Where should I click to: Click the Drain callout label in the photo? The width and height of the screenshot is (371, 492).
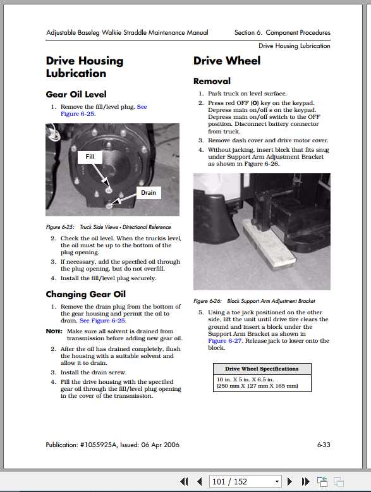[x=148, y=192]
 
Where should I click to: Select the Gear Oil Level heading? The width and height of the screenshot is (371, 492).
[x=76, y=94]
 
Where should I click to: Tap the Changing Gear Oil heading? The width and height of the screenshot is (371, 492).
[x=85, y=294]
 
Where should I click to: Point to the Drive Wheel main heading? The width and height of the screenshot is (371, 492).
[x=225, y=61]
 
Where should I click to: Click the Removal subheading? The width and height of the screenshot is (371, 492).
[x=212, y=81]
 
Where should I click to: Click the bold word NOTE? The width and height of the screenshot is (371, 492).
[x=54, y=331]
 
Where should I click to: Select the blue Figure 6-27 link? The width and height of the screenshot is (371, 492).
[x=225, y=341]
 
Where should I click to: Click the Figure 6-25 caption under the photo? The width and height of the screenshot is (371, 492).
[x=108, y=227]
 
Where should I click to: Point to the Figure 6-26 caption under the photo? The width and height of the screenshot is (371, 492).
[x=253, y=301]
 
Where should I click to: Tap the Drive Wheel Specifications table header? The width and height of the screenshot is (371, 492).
[x=262, y=369]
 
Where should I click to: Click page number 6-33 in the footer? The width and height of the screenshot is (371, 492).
[x=323, y=445]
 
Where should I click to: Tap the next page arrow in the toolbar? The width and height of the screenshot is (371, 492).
[x=290, y=482]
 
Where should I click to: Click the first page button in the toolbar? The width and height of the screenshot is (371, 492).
[x=185, y=482]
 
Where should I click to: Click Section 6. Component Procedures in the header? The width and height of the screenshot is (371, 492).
[x=282, y=33]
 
